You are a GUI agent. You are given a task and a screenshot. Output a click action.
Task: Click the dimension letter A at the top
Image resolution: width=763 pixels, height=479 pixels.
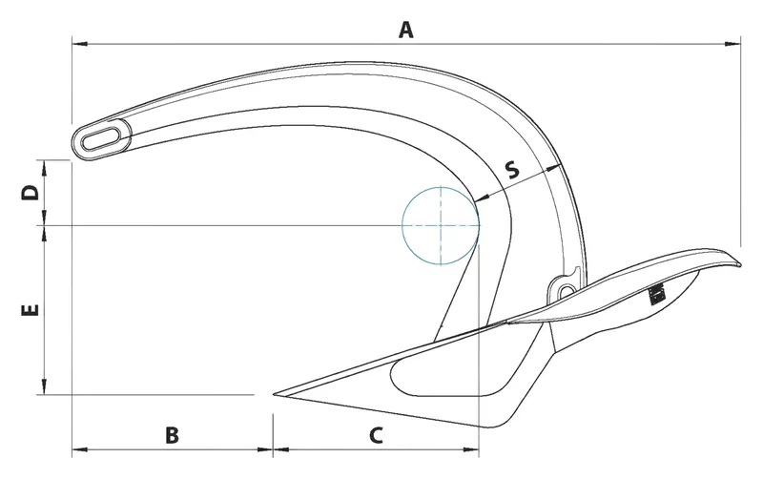406,31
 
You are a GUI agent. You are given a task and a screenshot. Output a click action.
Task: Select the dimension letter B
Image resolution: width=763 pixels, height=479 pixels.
172,435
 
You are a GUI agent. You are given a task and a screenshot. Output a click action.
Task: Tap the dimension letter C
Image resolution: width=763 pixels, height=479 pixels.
376,435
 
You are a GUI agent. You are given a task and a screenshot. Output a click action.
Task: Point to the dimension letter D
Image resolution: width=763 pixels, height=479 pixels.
31,192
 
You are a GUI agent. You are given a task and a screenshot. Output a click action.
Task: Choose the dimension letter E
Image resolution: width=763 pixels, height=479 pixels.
30,310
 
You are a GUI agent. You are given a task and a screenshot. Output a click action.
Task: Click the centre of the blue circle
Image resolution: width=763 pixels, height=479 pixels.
441,225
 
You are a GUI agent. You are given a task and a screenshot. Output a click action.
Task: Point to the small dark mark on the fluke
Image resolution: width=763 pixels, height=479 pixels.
656,295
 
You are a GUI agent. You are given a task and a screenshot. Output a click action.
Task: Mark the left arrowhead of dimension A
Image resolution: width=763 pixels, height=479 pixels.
78,43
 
